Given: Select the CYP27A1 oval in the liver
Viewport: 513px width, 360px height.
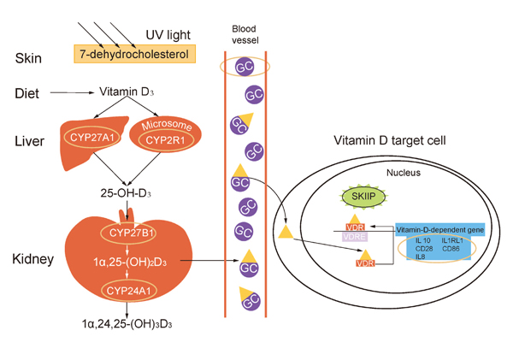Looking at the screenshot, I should (90, 137).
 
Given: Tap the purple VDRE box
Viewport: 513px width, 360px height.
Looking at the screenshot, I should (354, 237).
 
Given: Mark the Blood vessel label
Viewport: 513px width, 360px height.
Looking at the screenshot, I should (244, 33).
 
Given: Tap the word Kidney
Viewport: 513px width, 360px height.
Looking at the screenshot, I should (35, 258).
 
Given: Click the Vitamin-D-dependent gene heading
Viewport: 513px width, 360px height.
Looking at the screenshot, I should (442, 230).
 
